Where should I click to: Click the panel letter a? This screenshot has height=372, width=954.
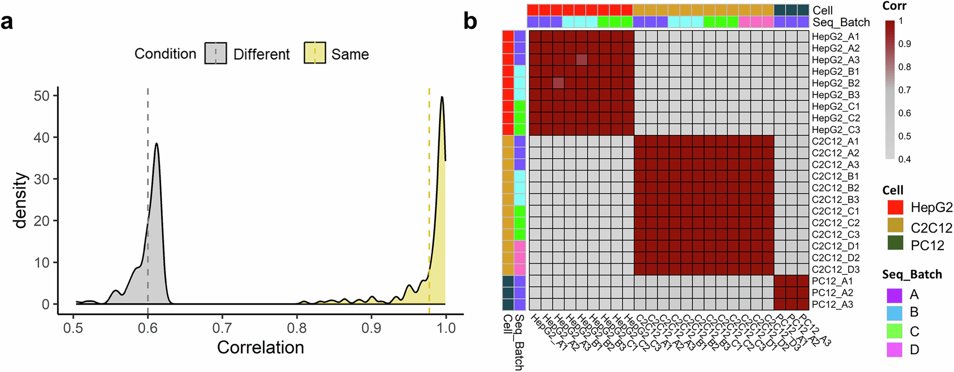tap(7, 22)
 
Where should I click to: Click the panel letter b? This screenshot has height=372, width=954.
tap(470, 22)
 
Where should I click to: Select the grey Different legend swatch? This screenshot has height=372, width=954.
tap(216, 53)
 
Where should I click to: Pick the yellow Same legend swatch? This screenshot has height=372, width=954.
tap(315, 53)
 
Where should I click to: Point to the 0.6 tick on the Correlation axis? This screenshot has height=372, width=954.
tap(148, 328)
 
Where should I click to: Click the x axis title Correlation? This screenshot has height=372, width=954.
tap(260, 347)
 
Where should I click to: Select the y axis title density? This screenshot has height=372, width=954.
tap(21, 200)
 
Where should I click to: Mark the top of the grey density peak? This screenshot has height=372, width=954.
tap(157, 144)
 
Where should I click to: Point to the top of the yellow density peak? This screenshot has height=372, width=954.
tap(442, 97)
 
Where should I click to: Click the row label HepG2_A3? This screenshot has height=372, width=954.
tap(836, 60)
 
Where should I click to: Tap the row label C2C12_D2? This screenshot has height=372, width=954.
tap(836, 258)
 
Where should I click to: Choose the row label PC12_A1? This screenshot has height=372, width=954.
tap(831, 281)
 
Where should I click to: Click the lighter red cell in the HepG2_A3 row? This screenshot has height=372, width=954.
tap(581, 60)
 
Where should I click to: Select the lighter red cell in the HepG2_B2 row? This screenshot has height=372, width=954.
tap(558, 83)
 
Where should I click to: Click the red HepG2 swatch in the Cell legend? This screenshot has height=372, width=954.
tap(895, 207)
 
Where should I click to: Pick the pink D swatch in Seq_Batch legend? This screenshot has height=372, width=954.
tap(895, 349)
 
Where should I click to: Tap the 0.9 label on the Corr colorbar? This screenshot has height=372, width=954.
tap(904, 44)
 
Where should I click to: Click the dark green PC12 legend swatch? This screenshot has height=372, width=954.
tap(895, 243)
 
